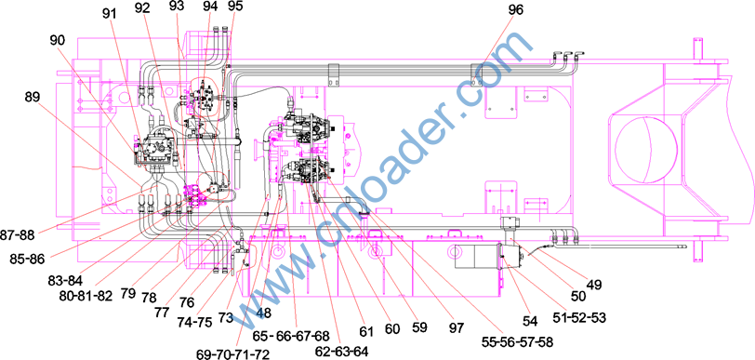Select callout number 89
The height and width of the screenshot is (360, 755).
point(34,97)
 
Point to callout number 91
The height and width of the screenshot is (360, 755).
point(112,14)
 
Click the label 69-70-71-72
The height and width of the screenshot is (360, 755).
point(233,354)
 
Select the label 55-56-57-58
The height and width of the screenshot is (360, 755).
point(517,342)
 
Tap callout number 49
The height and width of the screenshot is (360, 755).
point(593,285)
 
